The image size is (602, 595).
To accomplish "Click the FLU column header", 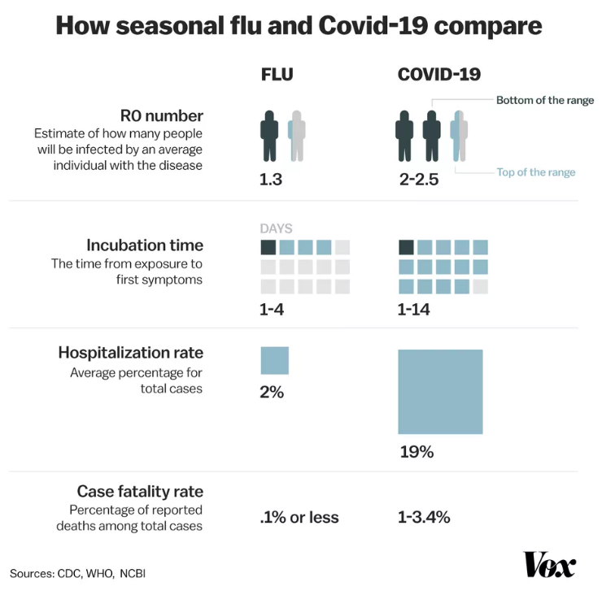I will coord(277,75).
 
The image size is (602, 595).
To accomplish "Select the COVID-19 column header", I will coord(438,75).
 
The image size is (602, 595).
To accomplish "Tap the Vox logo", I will coord(549,564).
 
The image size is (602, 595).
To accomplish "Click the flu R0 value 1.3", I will coord(270,180).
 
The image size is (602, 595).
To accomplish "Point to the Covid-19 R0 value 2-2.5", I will coord(419,180).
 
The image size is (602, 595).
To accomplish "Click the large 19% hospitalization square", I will coord(440,392).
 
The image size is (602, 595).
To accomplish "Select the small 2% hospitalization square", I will coord(274,360).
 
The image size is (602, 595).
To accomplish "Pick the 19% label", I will coord(416,452).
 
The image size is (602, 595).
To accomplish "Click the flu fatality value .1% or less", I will coord(299,517).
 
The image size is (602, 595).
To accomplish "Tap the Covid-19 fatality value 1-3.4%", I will coord(424,517).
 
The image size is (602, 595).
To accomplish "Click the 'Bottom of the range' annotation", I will coord(545,101).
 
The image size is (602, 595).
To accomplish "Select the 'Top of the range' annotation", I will coord(536,172).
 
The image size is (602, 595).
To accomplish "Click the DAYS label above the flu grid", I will coord(276,229).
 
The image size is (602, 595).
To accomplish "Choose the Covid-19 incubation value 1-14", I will coord(414,309).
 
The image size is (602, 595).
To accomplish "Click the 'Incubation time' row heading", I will coord(145,245).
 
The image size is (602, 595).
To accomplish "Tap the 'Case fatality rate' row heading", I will coord(140,491).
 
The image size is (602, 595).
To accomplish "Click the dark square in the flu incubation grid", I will coord(268,247).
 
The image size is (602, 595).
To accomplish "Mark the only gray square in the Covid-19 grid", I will coord(481,286).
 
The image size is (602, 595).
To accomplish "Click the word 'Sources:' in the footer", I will coord(32,573).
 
